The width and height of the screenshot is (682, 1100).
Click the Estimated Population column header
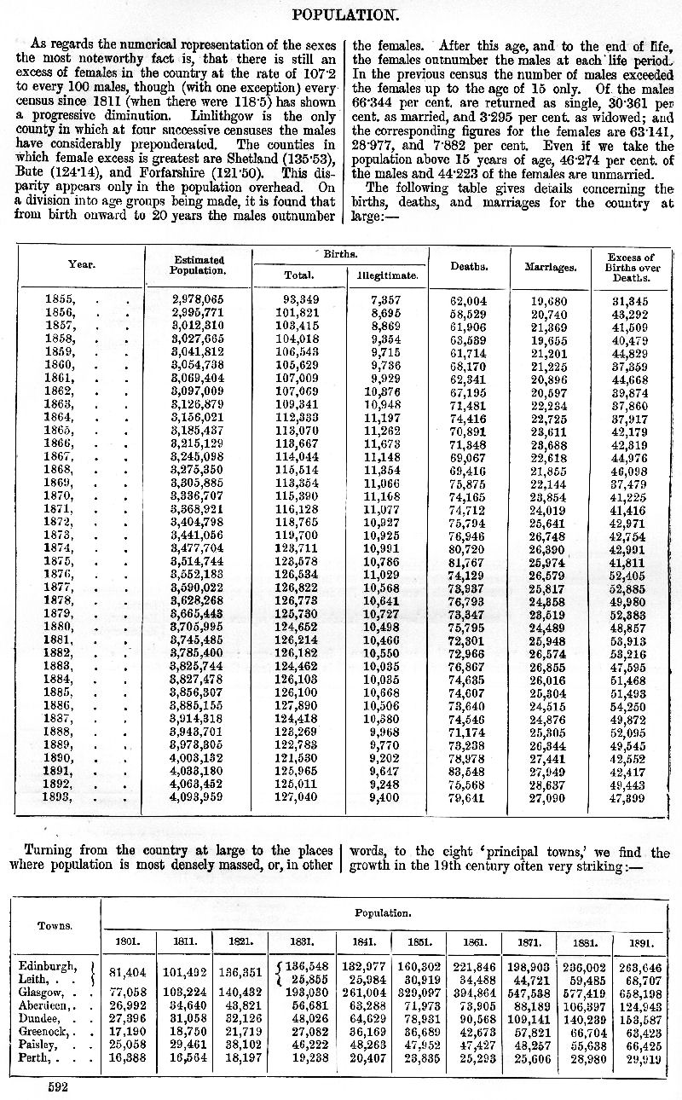pos(199,264)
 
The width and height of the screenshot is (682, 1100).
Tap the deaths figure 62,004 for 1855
pos(468,301)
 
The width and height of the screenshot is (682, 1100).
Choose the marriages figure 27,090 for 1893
pos(548,799)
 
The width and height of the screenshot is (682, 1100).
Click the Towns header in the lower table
pos(54,924)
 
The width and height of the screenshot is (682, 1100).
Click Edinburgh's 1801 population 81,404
pos(128,971)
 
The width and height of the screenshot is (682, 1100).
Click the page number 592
pos(55,1087)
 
